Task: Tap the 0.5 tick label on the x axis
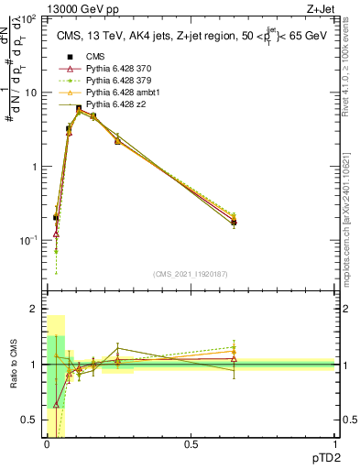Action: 191,444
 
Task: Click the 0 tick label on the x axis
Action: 47,444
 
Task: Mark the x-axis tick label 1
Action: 334,444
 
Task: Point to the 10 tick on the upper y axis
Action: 29,93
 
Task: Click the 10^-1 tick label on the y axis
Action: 27,240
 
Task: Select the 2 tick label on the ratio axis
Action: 33,310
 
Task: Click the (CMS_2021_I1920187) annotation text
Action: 190,274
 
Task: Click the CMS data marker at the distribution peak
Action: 79,108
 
